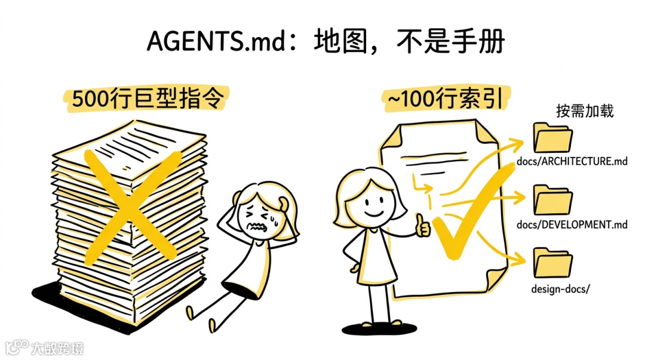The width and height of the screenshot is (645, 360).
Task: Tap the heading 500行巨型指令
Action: [148, 99]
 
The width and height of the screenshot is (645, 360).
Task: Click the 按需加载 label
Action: [584, 111]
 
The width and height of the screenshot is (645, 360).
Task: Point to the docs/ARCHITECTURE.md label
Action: [573, 161]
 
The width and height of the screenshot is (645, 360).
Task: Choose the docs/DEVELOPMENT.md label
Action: [573, 224]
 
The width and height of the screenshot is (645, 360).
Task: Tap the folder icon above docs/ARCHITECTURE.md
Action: [552, 138]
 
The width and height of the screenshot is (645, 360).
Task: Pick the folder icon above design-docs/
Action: [552, 263]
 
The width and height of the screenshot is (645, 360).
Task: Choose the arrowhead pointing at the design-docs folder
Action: [518, 260]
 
